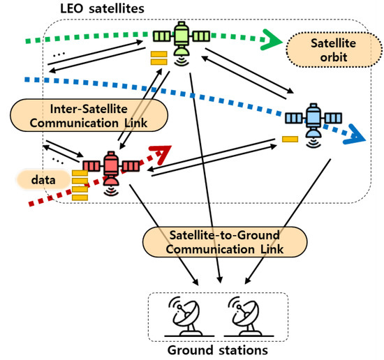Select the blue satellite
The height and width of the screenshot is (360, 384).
point(311,120)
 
